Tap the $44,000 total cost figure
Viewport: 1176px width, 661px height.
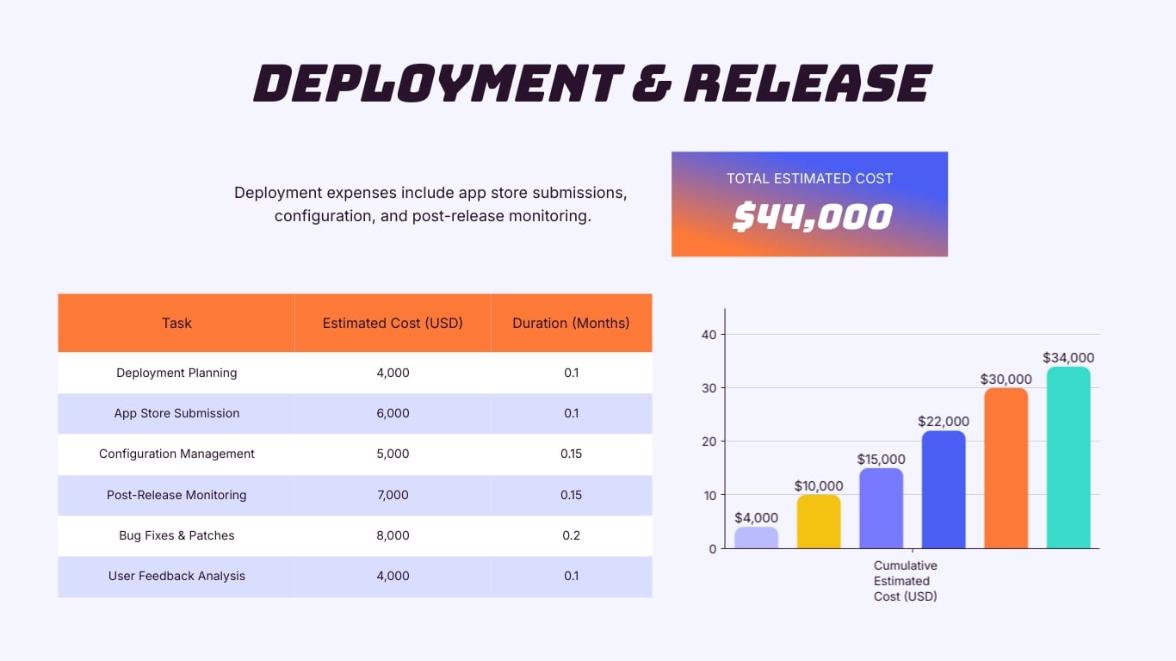click(x=811, y=217)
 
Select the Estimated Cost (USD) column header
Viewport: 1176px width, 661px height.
click(x=393, y=324)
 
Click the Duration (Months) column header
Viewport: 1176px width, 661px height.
click(x=571, y=324)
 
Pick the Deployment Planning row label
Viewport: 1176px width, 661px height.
click(x=176, y=373)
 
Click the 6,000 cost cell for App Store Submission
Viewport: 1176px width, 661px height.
click(x=393, y=413)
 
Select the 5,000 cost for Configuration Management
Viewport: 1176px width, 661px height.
click(x=393, y=454)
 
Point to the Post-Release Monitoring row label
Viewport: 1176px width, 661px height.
click(x=176, y=495)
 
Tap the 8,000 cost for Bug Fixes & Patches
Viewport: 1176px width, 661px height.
click(x=393, y=535)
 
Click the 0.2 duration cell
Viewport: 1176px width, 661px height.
click(x=571, y=535)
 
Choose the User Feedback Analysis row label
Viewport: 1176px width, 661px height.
click(x=176, y=576)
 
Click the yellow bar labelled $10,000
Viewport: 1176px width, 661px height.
click(x=819, y=522)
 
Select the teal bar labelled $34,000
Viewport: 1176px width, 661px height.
click(x=1068, y=459)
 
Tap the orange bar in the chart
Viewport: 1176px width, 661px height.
click(x=1006, y=469)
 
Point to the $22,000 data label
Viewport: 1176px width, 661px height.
click(x=944, y=422)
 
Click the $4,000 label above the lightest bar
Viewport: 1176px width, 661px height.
click(x=756, y=518)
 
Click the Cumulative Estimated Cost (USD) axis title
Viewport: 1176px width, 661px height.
click(x=905, y=581)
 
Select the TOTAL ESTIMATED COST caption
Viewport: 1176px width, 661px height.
click(x=809, y=179)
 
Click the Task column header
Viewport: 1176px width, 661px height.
click(x=176, y=324)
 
